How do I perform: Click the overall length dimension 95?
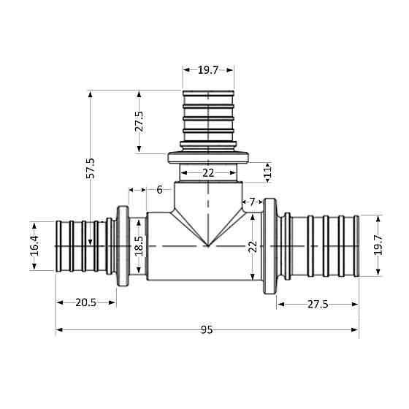pos(207,330)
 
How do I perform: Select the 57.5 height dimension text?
pos(91,167)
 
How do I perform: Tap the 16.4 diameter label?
pos(34,245)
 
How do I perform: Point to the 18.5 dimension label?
pos(139,245)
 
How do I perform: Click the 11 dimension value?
pos(267,172)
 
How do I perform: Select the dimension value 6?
pos(160,190)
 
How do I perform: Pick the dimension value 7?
pos(253,202)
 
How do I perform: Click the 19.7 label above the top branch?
pos(208,70)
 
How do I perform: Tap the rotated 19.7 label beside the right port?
pos(377,245)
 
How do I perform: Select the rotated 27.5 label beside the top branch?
pos(139,122)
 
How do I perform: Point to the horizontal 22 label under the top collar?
pos(208,172)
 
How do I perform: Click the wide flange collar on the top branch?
pos(209,157)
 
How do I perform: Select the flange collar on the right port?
pos(270,247)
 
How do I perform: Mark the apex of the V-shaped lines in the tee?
pos(208,246)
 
